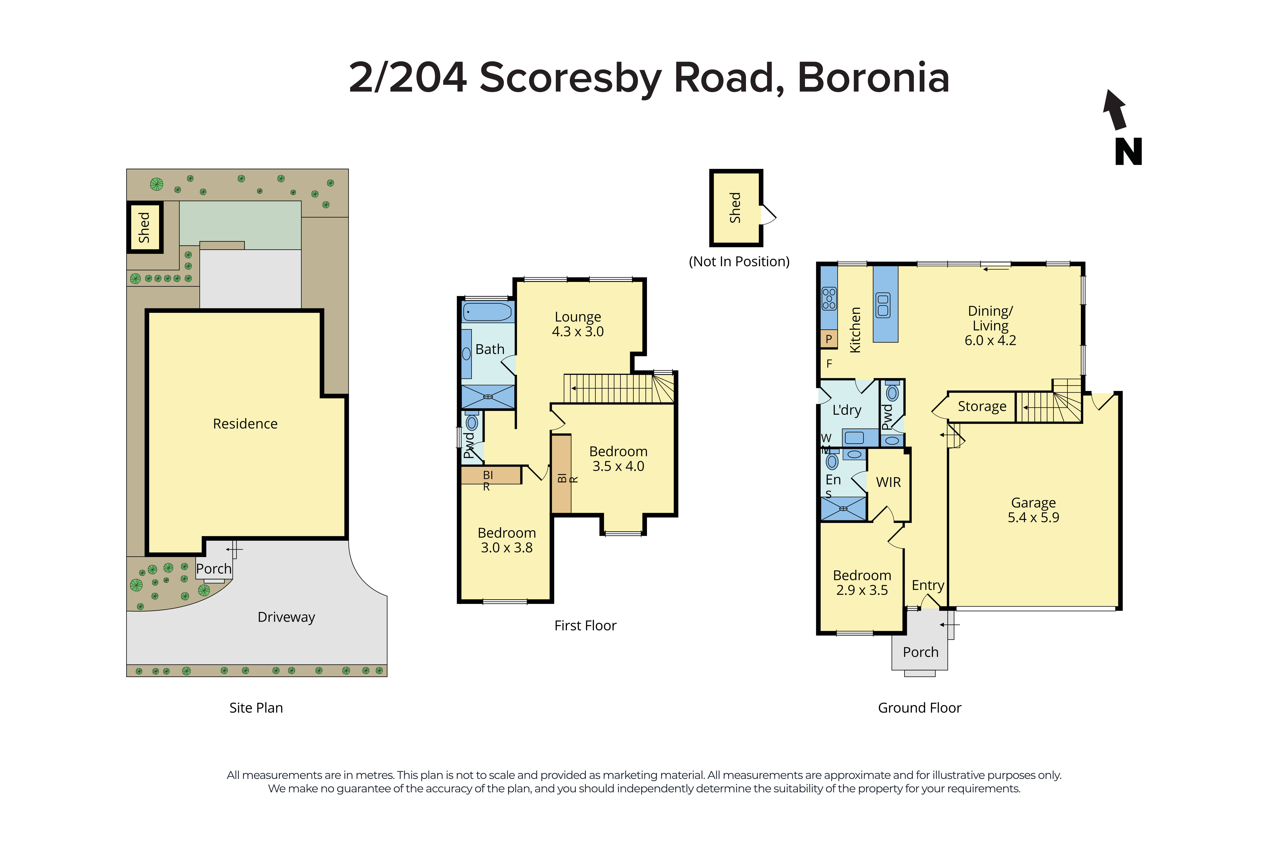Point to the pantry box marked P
[x=828, y=339]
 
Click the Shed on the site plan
[x=144, y=227]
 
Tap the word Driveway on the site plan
[x=286, y=617]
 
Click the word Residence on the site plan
[x=245, y=424]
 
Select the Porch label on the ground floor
[x=920, y=652]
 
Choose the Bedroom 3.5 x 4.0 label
[x=618, y=459]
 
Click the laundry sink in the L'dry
[x=854, y=437]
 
